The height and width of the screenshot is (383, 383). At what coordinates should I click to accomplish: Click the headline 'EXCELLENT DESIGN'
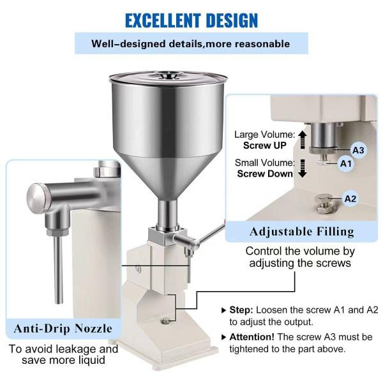pyautogui.click(x=191, y=19)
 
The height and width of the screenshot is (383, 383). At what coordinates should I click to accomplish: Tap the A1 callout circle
pyautogui.click(x=346, y=163)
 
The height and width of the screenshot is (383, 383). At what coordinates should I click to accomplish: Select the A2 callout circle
pyautogui.click(x=350, y=198)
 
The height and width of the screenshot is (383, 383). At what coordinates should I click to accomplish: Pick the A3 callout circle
pyautogui.click(x=359, y=150)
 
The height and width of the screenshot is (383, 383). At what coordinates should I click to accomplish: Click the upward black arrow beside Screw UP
pyautogui.click(x=303, y=140)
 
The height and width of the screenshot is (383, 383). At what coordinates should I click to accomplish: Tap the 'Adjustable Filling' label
pyautogui.click(x=301, y=230)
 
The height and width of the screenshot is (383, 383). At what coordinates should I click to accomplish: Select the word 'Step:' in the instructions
pyautogui.click(x=243, y=310)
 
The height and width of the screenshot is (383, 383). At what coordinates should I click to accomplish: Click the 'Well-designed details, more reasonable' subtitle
pyautogui.click(x=191, y=44)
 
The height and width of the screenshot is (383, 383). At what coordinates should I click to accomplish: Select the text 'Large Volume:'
pyautogui.click(x=264, y=135)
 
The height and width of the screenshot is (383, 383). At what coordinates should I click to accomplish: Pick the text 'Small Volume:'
pyautogui.click(x=264, y=163)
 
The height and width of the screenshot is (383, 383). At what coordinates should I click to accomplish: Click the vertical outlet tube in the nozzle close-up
pyautogui.click(x=59, y=268)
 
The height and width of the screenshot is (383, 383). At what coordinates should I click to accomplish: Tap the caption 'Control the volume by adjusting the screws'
pyautogui.click(x=300, y=257)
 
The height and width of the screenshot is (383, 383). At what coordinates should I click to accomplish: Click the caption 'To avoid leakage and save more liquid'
pyautogui.click(x=63, y=354)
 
